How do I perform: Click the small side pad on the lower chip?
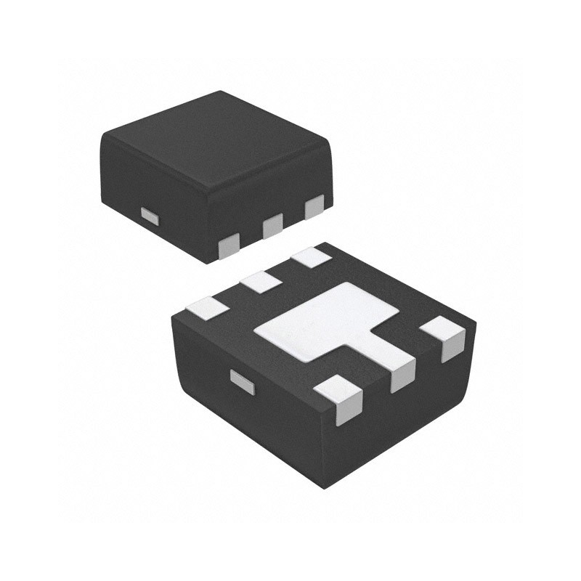click(242, 381)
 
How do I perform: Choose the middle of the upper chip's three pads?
click(273, 226)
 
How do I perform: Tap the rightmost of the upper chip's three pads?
click(315, 208)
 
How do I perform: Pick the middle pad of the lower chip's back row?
click(261, 281)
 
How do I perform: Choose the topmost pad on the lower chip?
click(311, 256)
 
